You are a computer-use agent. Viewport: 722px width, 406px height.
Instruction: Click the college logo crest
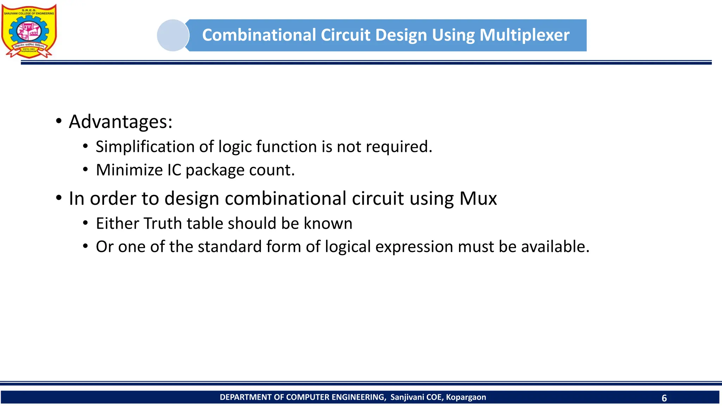[29, 31]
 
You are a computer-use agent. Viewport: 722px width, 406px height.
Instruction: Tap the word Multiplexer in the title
[524, 35]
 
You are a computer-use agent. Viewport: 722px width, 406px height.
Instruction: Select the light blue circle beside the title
[173, 35]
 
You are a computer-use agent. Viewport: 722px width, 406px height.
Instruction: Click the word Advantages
[120, 122]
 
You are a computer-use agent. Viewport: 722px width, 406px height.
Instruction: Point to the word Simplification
[145, 147]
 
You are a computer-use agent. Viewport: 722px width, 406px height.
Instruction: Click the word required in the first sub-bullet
[398, 147]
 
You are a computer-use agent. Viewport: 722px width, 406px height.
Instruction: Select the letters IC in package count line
[174, 170]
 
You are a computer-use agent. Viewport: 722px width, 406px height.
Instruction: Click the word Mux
[478, 198]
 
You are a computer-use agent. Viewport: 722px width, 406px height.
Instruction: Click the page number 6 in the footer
[664, 398]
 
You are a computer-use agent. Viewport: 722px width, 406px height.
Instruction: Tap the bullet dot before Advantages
[59, 122]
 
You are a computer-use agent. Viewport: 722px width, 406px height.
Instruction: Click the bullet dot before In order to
[59, 198]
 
